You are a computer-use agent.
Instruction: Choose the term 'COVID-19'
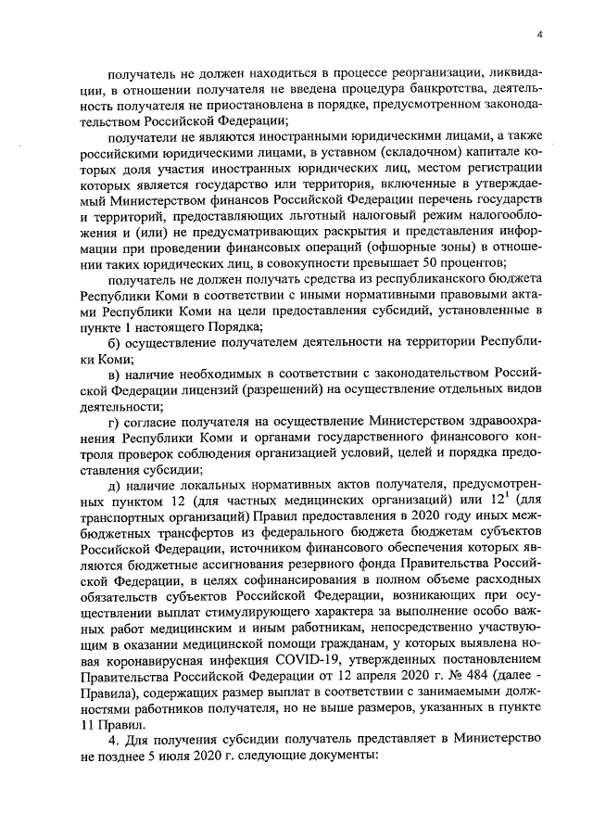(x=303, y=686)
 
